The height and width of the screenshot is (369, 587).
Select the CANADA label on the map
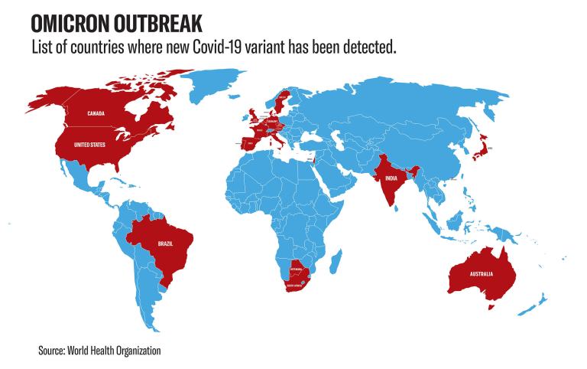coord(96,114)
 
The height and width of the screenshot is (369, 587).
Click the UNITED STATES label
coord(88,145)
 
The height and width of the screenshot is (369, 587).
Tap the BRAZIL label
coord(164,243)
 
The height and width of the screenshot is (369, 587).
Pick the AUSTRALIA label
coord(480,273)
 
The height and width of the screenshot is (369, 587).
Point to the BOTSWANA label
coord(295,271)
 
